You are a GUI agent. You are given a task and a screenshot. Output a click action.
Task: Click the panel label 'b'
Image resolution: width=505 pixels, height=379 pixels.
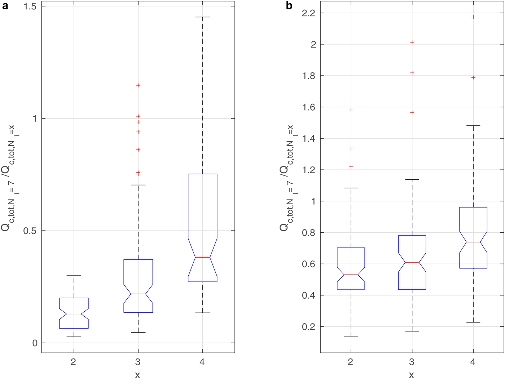click(289, 6)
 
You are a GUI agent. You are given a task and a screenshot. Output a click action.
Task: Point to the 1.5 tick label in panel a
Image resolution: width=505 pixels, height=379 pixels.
click(31, 6)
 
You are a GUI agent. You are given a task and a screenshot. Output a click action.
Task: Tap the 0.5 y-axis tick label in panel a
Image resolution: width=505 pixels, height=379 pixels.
click(31, 231)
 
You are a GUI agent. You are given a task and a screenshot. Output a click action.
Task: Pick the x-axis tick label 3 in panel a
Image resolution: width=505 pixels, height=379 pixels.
click(138, 362)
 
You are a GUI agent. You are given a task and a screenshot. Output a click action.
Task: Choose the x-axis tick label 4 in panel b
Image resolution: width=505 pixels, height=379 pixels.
click(473, 362)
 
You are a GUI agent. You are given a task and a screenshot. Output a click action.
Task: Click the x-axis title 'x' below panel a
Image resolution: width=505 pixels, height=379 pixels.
click(137, 375)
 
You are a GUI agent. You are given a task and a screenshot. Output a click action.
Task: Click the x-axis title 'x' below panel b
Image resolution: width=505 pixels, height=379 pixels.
click(412, 375)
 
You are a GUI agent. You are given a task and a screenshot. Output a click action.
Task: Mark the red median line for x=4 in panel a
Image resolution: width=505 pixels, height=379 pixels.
click(202, 257)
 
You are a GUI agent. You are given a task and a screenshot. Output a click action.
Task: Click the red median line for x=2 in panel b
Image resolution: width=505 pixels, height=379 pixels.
click(351, 275)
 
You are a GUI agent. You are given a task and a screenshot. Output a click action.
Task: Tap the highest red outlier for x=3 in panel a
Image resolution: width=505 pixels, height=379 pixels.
click(138, 85)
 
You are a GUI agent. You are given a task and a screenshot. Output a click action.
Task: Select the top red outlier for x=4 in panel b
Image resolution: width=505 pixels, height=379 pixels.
click(473, 17)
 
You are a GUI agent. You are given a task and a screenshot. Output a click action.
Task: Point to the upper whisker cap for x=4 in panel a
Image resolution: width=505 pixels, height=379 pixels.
click(202, 17)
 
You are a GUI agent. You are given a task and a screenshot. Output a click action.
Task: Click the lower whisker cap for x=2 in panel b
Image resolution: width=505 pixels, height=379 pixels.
click(351, 337)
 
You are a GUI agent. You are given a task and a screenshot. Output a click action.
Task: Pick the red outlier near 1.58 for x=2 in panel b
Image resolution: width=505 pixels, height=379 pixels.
click(351, 110)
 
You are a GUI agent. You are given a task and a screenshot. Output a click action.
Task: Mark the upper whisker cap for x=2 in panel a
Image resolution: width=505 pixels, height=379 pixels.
click(74, 276)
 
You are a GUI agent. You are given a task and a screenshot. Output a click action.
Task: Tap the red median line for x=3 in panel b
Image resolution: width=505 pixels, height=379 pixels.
click(412, 262)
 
